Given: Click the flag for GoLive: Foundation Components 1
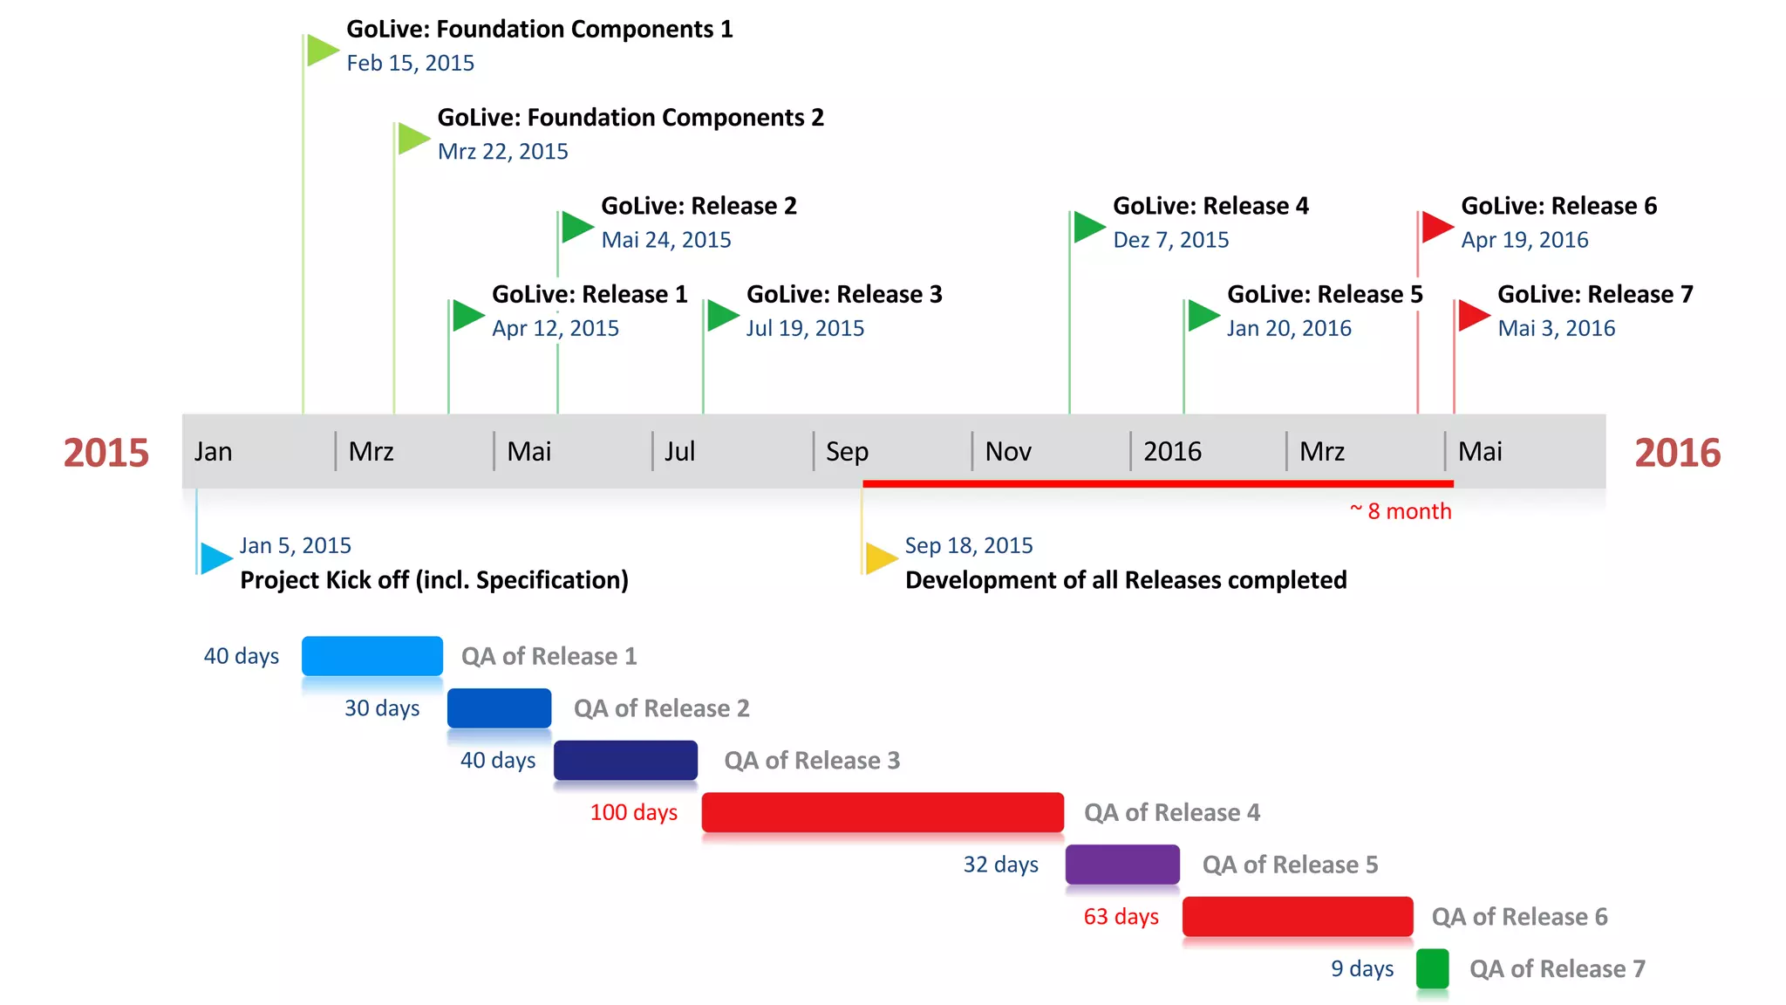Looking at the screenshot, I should point(321,51).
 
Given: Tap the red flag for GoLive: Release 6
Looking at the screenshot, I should point(1435,227).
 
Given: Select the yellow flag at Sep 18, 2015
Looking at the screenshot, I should point(880,557).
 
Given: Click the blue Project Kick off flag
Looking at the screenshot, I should point(215,557).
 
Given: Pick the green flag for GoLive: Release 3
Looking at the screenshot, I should point(721,315).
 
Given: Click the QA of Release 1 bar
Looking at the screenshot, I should point(372,656).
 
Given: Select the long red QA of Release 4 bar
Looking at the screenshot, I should point(883,812).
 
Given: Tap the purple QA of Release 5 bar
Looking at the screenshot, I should point(1122,865).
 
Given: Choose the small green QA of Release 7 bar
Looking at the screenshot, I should point(1432,968).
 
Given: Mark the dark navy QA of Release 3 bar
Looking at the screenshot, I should point(625,760).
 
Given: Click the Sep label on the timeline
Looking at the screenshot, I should point(847,452).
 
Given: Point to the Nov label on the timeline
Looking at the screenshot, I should point(1008,452).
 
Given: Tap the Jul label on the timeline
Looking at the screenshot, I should point(679,452).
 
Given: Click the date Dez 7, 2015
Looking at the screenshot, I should point(1170,240).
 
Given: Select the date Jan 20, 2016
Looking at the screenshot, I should point(1289,329).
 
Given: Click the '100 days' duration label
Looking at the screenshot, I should point(633,813).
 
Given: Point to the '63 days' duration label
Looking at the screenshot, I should point(1121,917).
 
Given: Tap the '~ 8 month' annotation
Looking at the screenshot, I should point(1401,511).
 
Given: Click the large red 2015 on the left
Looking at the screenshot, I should point(106,453).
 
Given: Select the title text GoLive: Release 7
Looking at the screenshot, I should point(1595,295).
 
